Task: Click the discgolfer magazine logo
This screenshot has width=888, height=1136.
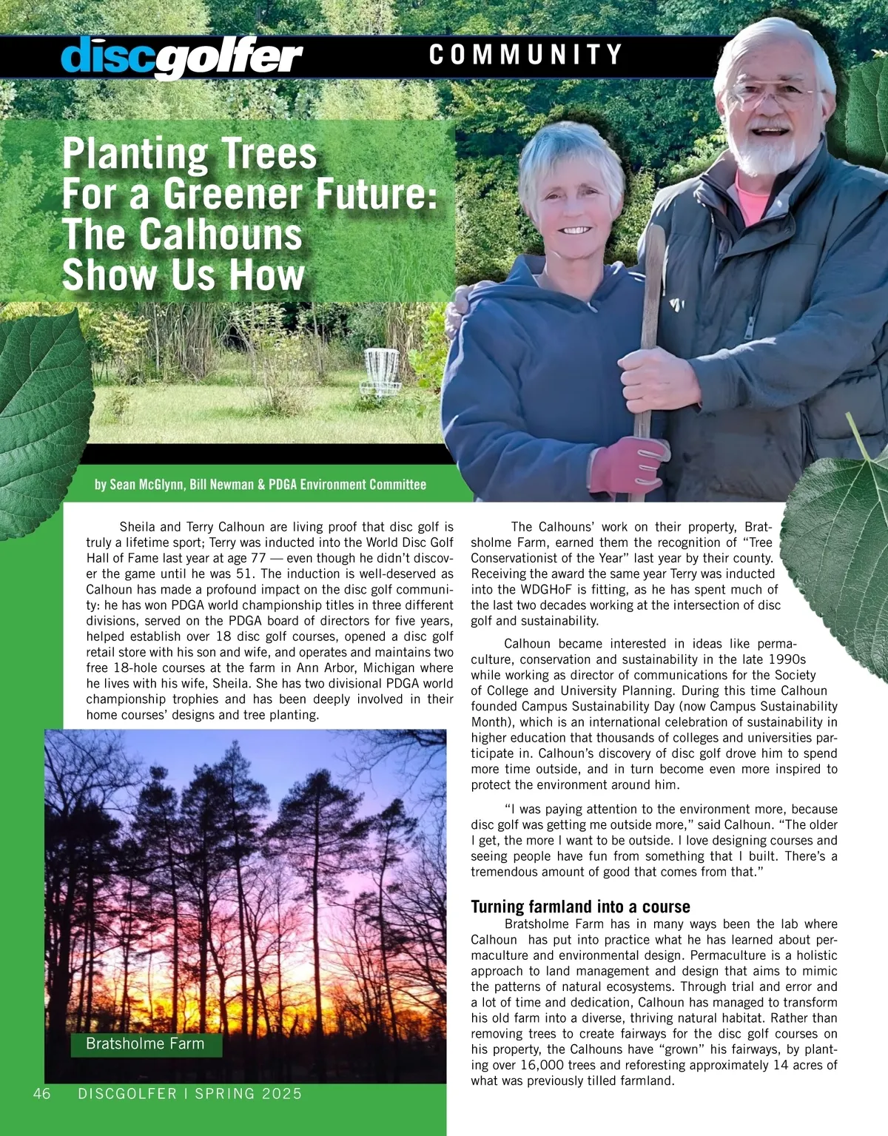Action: (x=181, y=56)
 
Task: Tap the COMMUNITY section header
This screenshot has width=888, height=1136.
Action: (x=525, y=55)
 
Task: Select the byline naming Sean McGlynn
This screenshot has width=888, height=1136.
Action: (x=260, y=485)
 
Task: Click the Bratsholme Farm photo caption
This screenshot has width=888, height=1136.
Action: (x=145, y=1043)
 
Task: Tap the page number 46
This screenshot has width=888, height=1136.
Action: (x=42, y=1094)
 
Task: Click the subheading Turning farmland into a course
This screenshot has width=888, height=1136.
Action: (x=580, y=907)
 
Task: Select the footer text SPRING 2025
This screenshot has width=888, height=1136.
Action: (x=249, y=1094)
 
